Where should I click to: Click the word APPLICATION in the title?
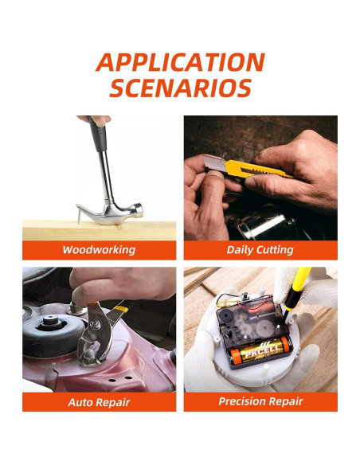click(180, 62)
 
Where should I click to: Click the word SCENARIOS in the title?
click(181, 88)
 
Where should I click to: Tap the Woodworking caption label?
click(99, 250)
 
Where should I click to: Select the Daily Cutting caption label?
click(260, 250)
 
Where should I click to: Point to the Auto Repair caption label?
click(99, 402)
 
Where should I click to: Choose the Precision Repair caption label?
click(260, 401)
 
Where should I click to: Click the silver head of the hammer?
click(111, 213)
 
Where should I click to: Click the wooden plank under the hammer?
click(99, 230)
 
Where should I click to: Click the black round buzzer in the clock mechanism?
click(225, 315)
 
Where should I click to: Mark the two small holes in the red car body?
click(120, 379)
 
